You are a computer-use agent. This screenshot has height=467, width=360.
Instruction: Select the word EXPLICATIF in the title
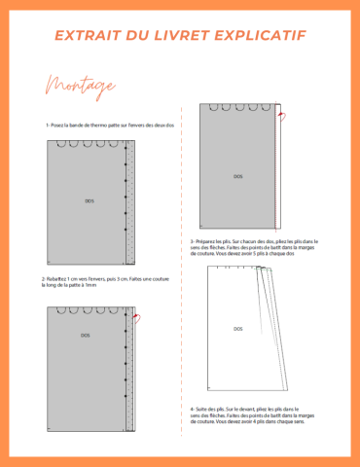(266, 35)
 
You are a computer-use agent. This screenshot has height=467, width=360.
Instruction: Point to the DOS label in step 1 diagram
(90, 200)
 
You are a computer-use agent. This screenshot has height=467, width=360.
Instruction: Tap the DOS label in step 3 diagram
(238, 176)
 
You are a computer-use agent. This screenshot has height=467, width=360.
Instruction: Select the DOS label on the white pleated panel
(238, 329)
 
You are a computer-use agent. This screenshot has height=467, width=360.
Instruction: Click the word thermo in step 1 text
(104, 126)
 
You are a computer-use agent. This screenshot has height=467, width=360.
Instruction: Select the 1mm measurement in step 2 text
(90, 285)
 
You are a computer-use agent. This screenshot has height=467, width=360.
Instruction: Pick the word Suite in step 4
(201, 410)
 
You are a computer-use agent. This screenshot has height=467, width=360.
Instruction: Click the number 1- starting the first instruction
(47, 126)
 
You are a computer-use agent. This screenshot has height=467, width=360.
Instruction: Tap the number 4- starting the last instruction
(194, 410)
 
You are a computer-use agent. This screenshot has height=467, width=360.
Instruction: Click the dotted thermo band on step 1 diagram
(130, 204)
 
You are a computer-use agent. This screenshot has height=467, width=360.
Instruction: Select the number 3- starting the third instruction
(194, 240)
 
